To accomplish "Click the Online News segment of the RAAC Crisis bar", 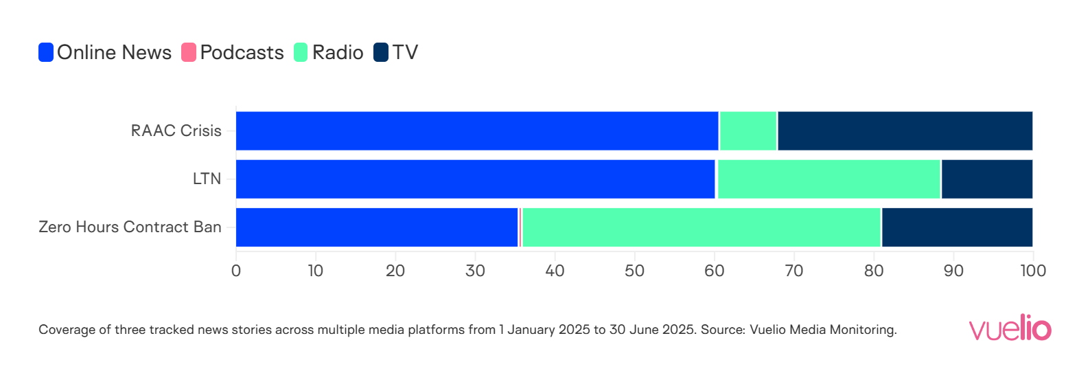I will (x=477, y=131).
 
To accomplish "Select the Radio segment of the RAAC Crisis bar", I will (x=748, y=131).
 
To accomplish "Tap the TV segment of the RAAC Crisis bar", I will (x=905, y=131).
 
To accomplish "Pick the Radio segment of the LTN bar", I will (x=828, y=179).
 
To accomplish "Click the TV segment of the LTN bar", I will (x=987, y=179).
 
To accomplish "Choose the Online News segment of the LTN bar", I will (x=475, y=179).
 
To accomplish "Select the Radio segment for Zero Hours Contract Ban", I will (x=701, y=227).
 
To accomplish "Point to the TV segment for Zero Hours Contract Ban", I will (x=957, y=227).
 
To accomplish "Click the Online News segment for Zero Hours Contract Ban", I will (x=377, y=227).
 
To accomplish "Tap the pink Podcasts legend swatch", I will (x=189, y=52).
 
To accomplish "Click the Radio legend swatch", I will (x=301, y=52).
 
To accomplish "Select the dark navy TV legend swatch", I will (x=381, y=52).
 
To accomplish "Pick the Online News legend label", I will (x=114, y=52).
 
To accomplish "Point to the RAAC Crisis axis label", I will (x=176, y=131).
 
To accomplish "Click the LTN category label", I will (x=207, y=179).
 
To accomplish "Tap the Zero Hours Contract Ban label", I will (x=130, y=227).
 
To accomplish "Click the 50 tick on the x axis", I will (x=634, y=271).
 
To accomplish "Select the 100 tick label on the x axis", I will (x=1032, y=271).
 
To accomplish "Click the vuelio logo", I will (x=1010, y=328).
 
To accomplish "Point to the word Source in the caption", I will (x=722, y=330).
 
